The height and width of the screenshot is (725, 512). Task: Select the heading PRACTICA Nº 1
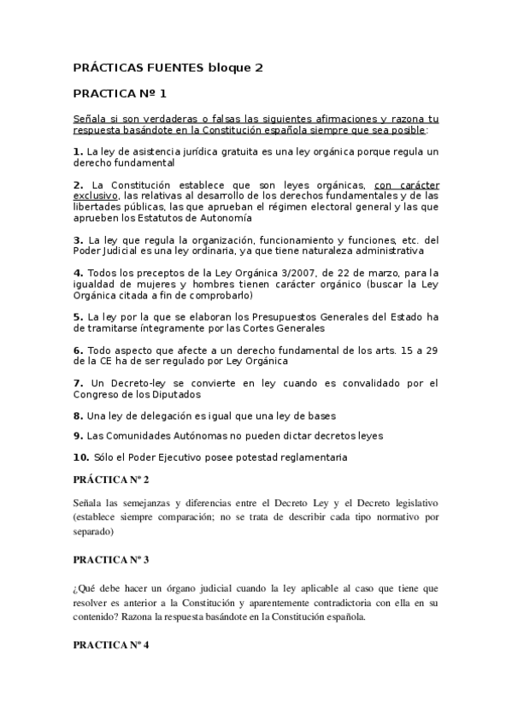click(121, 93)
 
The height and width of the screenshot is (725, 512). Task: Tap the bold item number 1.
click(78, 151)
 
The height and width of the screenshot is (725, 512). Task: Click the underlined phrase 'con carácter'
click(406, 185)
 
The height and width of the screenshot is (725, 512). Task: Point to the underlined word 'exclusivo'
click(95, 196)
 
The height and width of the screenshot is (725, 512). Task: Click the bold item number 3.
click(78, 240)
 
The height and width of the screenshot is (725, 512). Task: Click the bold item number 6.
click(78, 350)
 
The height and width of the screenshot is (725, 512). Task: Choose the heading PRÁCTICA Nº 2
click(111, 480)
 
